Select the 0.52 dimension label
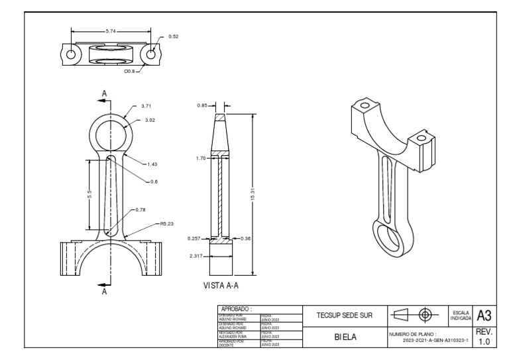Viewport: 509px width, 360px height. (x=174, y=36)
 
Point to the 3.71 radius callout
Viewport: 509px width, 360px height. (x=146, y=106)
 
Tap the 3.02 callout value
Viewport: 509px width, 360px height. (x=150, y=121)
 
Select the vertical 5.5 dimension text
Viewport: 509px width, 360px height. (x=89, y=194)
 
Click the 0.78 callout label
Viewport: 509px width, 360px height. (x=140, y=210)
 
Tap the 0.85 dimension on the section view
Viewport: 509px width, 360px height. (x=203, y=105)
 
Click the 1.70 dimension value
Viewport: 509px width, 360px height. (x=201, y=158)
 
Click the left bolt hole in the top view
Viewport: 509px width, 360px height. (x=70, y=54)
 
